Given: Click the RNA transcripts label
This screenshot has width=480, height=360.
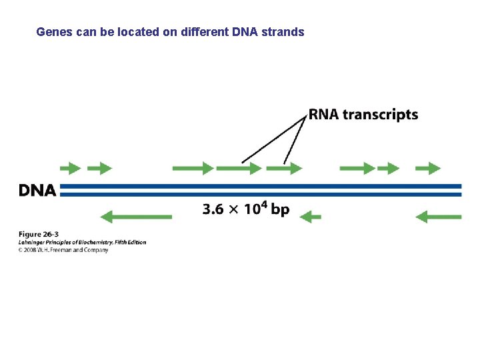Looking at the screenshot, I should [363, 115].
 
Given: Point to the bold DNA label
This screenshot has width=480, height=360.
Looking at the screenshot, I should [37, 191].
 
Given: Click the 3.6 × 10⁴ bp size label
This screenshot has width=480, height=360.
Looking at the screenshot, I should [246, 209].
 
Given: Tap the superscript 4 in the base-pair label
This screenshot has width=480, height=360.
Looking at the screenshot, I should [264, 205].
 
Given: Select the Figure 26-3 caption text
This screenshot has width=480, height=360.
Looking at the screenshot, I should [39, 234].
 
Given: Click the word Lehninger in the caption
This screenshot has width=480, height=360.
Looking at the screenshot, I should [33, 242].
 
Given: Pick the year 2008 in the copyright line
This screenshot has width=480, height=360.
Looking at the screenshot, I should [30, 250].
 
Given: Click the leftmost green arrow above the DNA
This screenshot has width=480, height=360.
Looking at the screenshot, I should [71, 169].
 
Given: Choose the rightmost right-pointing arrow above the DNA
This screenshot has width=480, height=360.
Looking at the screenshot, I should [428, 169].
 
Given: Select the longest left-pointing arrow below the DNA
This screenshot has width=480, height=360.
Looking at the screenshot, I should [136, 217].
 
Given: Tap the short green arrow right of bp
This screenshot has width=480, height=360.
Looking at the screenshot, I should [311, 217].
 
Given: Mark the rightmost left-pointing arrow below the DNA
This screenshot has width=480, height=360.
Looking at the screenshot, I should [438, 217].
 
